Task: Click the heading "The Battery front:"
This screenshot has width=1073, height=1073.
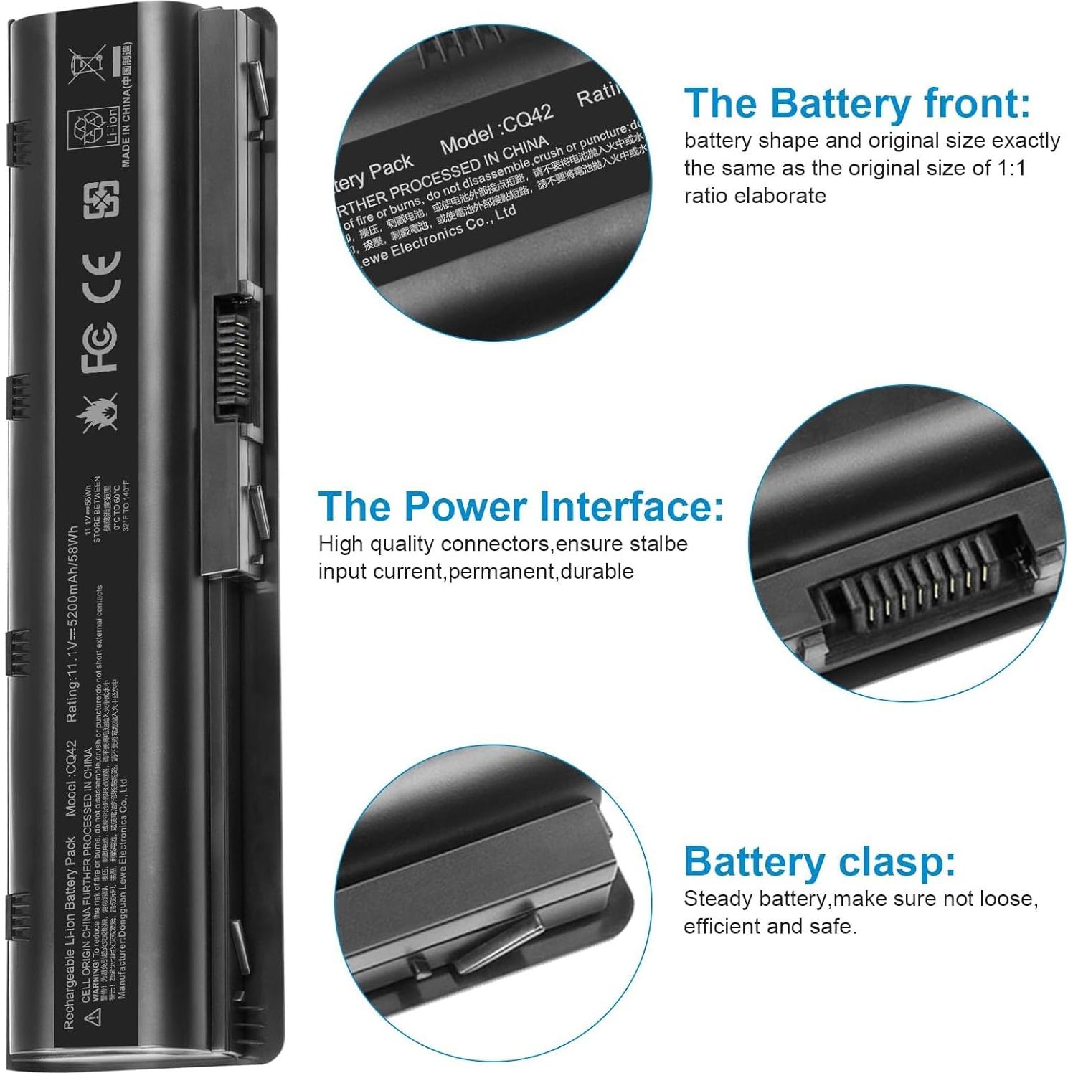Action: coord(857,103)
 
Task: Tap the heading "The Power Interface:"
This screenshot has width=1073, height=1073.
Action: coord(521,506)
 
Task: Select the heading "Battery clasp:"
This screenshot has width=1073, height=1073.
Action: coord(819,861)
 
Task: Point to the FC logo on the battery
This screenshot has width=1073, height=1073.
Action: coord(99,348)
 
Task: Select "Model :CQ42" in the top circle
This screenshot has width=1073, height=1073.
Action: coord(496,129)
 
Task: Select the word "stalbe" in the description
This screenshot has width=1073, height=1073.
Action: coord(658,544)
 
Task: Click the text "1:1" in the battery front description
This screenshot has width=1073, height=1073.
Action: coord(1011,168)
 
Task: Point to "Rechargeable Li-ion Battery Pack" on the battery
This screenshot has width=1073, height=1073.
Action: coord(70,932)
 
